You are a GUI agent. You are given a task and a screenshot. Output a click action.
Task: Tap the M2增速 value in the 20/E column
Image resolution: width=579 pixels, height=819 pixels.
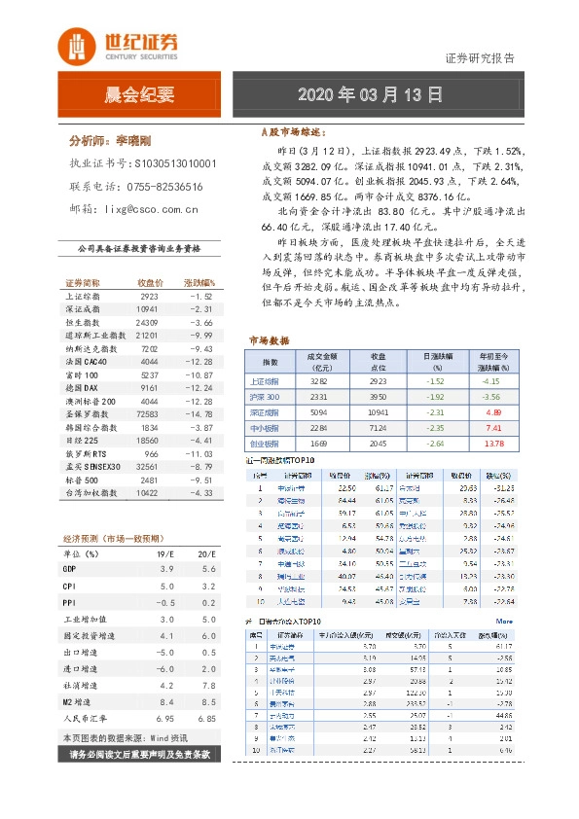point(206,699)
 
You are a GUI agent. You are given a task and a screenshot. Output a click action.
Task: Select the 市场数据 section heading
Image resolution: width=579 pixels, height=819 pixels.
point(270,341)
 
